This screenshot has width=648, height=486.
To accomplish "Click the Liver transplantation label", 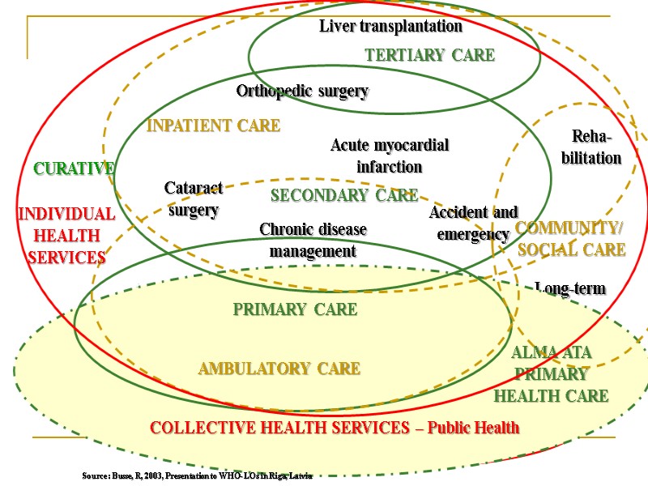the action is pos(390,27).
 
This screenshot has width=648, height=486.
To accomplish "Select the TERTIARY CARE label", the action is pos(429,55).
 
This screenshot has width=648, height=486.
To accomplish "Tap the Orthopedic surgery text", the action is pos(302,92).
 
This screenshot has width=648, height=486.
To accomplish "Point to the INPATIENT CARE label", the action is pos(213,126).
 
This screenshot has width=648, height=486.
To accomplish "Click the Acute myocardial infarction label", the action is pos(390,156).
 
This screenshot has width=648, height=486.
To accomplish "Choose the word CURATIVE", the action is pos(74,168).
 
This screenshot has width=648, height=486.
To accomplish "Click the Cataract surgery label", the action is pos(193,199).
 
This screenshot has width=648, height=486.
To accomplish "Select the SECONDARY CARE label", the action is pos(344,195).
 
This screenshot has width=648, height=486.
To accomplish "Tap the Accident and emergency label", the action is pos(473,224).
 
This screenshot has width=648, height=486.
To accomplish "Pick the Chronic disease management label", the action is pos(313,241).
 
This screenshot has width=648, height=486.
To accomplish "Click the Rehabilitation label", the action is pos(591,147).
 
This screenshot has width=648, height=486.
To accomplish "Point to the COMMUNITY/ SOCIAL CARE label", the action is pos(570,239).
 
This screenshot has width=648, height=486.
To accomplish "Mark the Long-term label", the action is pos(570,289).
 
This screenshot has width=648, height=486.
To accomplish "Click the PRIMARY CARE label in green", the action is pos(295,309).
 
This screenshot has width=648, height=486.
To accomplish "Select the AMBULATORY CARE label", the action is pos(279,369).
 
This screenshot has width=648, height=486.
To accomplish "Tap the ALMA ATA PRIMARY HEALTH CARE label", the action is pos(552,374).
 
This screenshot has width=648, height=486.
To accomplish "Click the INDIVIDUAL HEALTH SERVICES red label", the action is pos(66,236).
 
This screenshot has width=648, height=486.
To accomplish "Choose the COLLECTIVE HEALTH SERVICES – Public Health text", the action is pos(335,428).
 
